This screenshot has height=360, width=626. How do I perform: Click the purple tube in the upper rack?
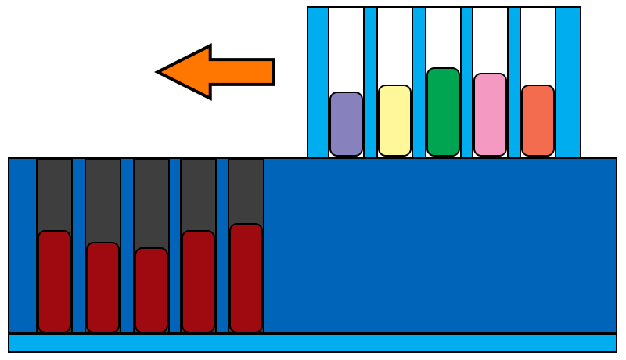tap(346, 124)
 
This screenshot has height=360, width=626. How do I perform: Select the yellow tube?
tap(394, 121)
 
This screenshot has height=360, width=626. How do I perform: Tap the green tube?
tap(443, 112)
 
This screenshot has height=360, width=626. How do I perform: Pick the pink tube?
tap(490, 114)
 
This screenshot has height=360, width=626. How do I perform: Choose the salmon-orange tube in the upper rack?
tap(538, 121)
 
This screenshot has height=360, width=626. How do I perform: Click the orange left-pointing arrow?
tap(211, 72)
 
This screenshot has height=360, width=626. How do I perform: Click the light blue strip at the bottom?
tap(313, 343)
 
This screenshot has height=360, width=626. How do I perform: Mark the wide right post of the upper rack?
tap(568, 82)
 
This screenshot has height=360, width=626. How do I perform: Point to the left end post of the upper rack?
tap(318, 82)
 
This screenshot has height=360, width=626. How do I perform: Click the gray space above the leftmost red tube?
tap(54, 194)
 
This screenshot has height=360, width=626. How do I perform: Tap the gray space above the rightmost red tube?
tap(246, 191)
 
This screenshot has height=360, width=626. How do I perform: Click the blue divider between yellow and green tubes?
tap(419, 82)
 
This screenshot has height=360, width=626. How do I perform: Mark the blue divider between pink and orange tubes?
tap(514, 82)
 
